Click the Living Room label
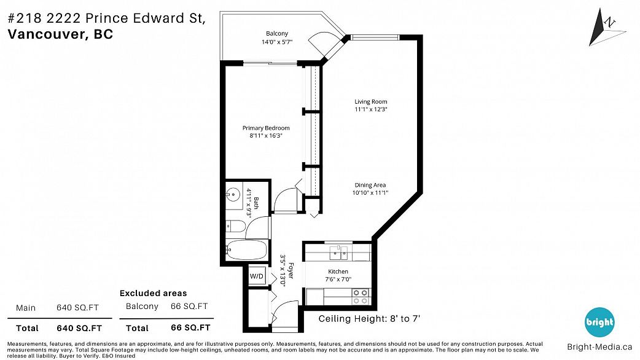tap(370, 101)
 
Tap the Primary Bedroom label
tap(266, 128)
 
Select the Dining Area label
tap(370, 185)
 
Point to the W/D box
tap(257, 276)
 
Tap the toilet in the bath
tap(235, 225)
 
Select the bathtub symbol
tap(246, 250)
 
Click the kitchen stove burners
tap(361, 297)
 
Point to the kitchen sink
tap(338, 253)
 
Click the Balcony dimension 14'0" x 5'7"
tap(277, 42)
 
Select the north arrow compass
tap(605, 27)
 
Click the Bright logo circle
tap(599, 322)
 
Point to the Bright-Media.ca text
tap(599, 347)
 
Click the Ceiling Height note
tap(369, 318)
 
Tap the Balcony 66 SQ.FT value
tap(189, 306)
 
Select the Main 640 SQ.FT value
tap(77, 308)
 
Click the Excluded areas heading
tap(153, 293)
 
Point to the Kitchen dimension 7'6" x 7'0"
tap(338, 280)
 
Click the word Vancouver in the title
tap(45, 34)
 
